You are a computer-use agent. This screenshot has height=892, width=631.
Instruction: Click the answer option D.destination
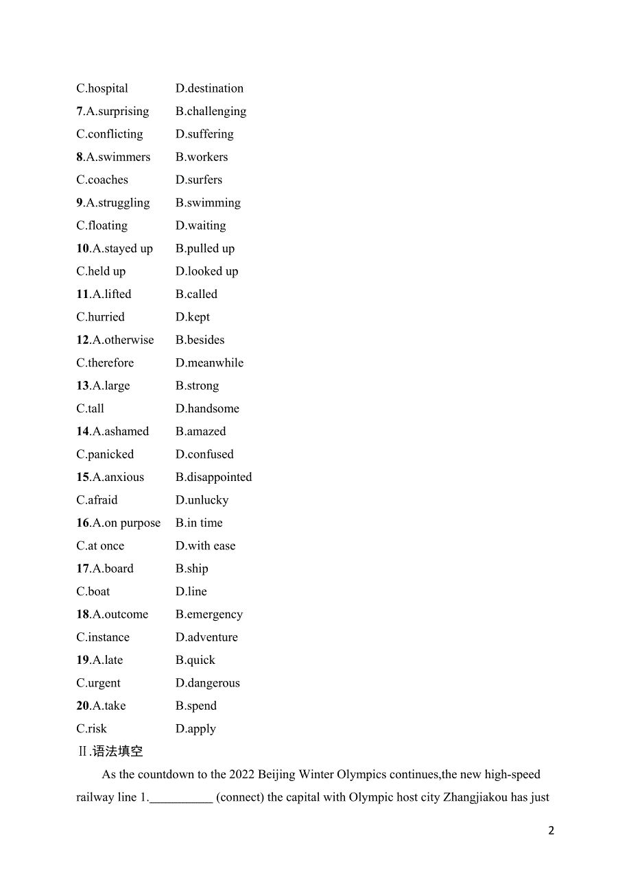(x=209, y=88)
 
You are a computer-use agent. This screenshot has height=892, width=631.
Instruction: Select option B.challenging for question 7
(x=211, y=111)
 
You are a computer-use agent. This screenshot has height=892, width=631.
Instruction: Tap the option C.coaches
(x=102, y=179)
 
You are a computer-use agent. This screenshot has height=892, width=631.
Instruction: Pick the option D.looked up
(x=206, y=271)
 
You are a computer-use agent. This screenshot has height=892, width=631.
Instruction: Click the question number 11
(x=82, y=294)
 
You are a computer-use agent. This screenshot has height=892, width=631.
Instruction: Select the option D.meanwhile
(x=209, y=362)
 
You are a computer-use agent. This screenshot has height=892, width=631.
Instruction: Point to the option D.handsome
(x=207, y=408)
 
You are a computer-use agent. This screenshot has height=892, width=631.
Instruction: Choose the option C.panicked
(x=105, y=454)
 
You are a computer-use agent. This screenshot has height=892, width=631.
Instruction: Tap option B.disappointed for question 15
(x=213, y=477)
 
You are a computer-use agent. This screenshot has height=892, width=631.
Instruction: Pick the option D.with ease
(x=205, y=546)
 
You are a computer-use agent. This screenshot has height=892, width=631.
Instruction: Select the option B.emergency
(x=209, y=615)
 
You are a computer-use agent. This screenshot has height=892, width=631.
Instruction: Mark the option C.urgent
(x=98, y=683)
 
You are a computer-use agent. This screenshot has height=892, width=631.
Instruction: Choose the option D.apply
(x=195, y=729)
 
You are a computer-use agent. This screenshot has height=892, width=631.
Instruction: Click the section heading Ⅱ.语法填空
(x=110, y=752)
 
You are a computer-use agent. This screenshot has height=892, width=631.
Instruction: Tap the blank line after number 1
(x=181, y=798)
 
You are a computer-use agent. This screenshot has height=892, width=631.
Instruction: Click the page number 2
(x=551, y=830)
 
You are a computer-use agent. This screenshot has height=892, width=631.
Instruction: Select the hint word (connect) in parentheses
(x=246, y=797)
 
